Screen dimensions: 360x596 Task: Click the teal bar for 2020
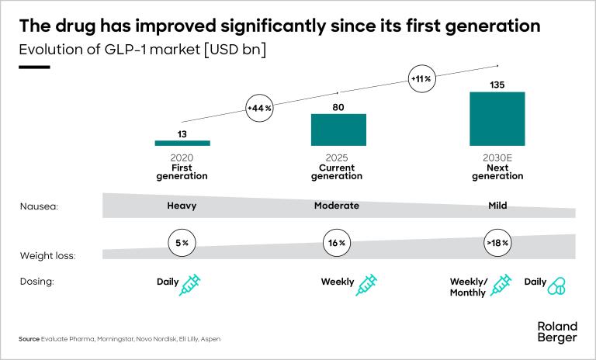tap(182, 143)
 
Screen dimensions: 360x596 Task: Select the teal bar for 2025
tap(338, 130)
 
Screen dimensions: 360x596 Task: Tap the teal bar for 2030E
tap(497, 119)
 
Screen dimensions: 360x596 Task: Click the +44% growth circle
tap(259, 109)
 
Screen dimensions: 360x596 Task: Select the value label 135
tap(497, 84)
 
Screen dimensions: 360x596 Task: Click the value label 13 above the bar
tap(182, 133)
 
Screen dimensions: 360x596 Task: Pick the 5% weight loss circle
tap(182, 243)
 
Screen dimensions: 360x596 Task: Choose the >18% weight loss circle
tap(497, 243)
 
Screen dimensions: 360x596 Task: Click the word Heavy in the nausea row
tap(182, 206)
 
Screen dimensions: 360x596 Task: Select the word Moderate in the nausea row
tap(336, 206)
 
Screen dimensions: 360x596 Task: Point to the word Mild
tap(497, 206)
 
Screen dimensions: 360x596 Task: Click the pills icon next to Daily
tap(556, 287)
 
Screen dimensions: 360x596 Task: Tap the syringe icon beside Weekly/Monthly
tap(501, 286)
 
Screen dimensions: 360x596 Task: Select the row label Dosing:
tap(36, 282)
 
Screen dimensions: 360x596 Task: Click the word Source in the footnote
tap(29, 339)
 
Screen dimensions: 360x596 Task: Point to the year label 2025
tap(337, 157)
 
